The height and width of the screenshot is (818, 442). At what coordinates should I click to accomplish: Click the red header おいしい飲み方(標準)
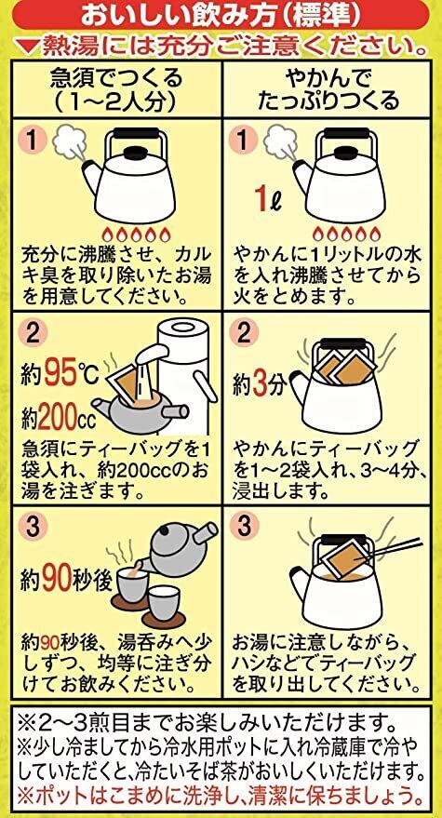pyautogui.click(x=220, y=16)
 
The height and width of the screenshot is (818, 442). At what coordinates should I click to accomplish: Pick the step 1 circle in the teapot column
pyautogui.click(x=33, y=140)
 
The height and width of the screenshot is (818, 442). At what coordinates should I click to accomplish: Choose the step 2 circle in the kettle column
pyautogui.click(x=243, y=332)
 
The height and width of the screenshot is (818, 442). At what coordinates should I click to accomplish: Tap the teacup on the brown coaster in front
pyautogui.click(x=164, y=606)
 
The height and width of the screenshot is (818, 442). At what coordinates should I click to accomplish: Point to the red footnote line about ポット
pyautogui.click(x=221, y=798)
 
